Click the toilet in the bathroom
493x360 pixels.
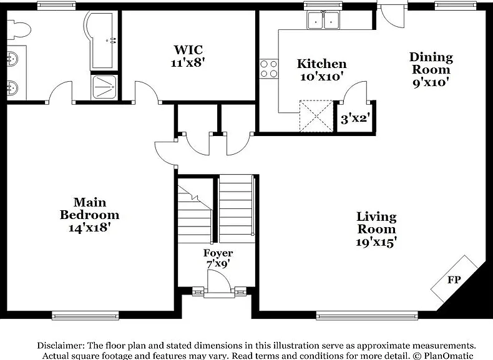click(18, 30)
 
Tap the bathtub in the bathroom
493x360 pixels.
click(100, 41)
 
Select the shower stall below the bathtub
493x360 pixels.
click(104, 87)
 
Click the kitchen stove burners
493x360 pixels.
click(269, 69)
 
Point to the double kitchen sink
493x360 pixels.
click(323, 20)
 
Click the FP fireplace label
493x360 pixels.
click(454, 279)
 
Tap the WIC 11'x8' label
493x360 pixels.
click(188, 56)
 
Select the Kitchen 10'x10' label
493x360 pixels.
click(321, 70)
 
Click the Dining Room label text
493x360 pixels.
click(431, 63)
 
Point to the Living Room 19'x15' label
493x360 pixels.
click(376, 230)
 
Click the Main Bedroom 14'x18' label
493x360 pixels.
click(90, 215)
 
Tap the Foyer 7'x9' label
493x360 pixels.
click(218, 258)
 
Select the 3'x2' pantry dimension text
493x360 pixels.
click(354, 119)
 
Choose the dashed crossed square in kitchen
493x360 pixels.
click(316, 116)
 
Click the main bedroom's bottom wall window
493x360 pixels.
click(85, 315)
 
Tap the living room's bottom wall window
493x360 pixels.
click(367, 315)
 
